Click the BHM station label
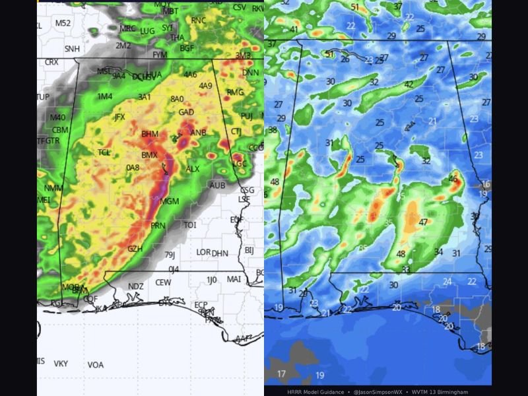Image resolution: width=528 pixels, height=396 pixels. coord(150,134)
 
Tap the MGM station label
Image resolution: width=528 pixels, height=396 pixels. coord(170,201)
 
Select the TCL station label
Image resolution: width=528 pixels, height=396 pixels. coord(104,152)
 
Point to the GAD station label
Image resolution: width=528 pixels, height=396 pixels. coord(186,112)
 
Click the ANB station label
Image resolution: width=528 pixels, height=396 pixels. coord(199,133)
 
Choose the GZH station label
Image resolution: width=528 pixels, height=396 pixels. coord(135,249)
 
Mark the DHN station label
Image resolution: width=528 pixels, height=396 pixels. coord(220,253)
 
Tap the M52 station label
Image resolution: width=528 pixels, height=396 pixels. coord(63,23)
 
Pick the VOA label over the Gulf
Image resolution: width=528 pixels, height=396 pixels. coord(96,364)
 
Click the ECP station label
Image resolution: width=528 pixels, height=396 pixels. coord(201,304)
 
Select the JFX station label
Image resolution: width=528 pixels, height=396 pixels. coord(119,117)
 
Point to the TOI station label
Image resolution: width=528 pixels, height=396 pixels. coord(190,225)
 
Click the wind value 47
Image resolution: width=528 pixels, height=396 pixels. coord(423,222)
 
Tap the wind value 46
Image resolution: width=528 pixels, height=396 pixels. coord(453,178)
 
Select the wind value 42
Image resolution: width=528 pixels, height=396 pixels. coord(410,84)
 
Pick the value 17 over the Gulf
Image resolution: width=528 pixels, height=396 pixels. coord(282,374)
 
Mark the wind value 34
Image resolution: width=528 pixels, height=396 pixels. coord(439,251)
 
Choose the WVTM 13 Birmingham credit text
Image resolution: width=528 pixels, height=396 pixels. coord(448,391)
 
